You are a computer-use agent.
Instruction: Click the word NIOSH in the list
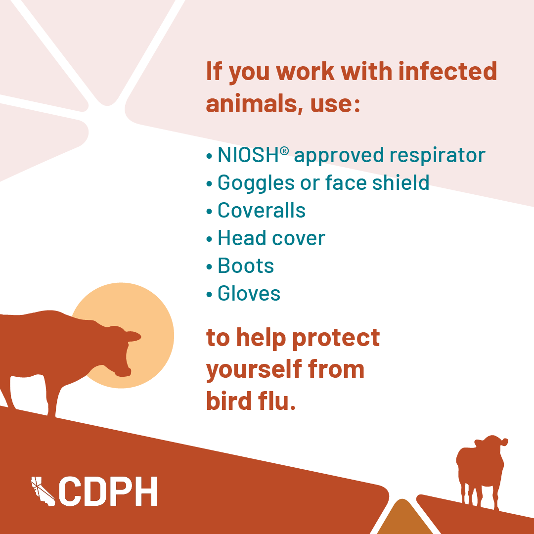click(x=248, y=155)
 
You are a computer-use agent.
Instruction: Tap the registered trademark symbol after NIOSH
click(x=284, y=150)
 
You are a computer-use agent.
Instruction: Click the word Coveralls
click(x=261, y=210)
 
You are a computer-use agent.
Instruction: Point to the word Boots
click(x=246, y=266)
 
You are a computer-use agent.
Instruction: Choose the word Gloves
click(x=249, y=293)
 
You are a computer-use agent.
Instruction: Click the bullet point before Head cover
click(x=209, y=239)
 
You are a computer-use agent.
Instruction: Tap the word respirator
click(x=437, y=156)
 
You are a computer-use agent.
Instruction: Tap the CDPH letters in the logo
click(x=108, y=491)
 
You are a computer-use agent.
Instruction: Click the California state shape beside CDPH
click(x=43, y=491)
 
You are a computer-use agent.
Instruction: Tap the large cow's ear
click(x=133, y=337)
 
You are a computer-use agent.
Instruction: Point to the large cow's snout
click(x=123, y=372)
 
